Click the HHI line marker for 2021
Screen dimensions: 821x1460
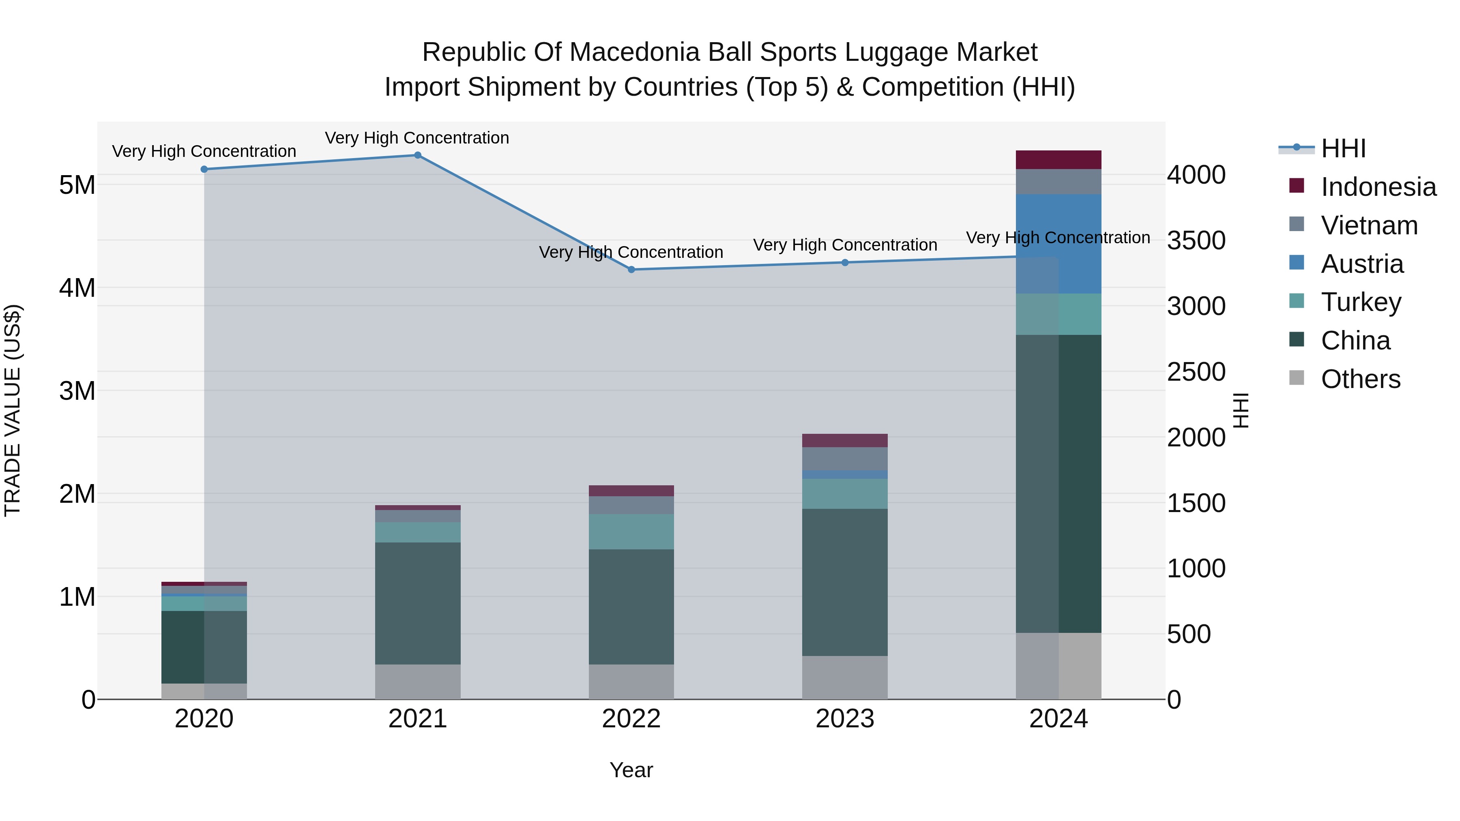tap(418, 155)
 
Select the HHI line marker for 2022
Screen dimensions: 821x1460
tap(631, 270)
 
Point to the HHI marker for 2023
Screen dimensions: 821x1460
tap(845, 262)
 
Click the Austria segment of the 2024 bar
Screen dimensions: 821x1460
tap(1080, 244)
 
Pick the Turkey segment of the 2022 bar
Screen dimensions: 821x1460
tap(631, 532)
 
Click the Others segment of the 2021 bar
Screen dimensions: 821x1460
tap(418, 682)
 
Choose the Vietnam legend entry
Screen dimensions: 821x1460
tap(1369, 225)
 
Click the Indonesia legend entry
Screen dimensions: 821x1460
tap(1378, 187)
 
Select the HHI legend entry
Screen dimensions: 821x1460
tap(1343, 148)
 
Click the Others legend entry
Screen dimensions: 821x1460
tap(1360, 379)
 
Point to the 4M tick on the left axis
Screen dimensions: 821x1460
tap(77, 288)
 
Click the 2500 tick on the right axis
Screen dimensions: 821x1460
tap(1196, 372)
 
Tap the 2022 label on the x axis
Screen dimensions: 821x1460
tap(631, 719)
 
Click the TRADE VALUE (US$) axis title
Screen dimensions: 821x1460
tap(13, 410)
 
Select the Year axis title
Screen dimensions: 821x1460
tap(631, 770)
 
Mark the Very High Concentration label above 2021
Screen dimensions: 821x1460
tap(417, 138)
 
